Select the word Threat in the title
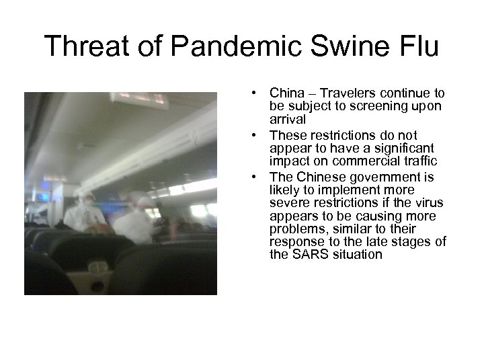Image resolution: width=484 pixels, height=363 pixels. (88, 46)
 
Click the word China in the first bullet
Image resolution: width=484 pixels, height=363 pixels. (285, 93)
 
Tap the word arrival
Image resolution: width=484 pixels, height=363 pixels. (288, 118)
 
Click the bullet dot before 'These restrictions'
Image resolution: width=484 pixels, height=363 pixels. (257, 135)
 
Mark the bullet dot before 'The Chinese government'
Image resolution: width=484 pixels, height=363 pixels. (257, 177)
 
